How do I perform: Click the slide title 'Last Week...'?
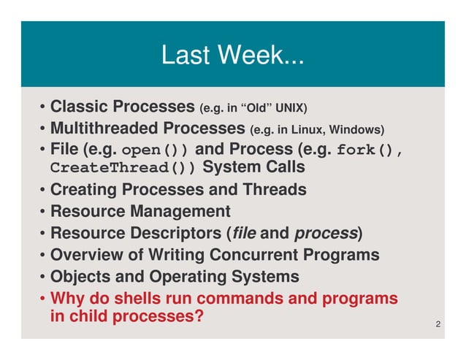[232, 55]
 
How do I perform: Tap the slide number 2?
[437, 323]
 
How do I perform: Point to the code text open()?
[156, 151]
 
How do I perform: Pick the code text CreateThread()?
[123, 169]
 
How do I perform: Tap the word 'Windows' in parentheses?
[356, 131]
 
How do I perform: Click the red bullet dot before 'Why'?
[43, 299]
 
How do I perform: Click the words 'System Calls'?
[253, 168]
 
